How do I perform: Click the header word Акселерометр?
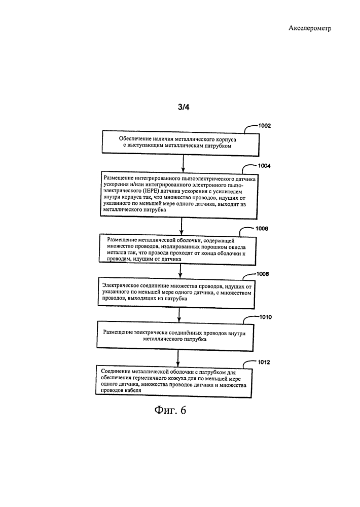[x=309, y=28]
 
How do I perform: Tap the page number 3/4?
[x=184, y=107]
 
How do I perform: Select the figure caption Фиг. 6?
[x=170, y=410]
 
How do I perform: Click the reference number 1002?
[x=264, y=126]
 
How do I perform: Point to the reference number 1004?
[x=264, y=166]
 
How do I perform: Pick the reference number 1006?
[x=262, y=229]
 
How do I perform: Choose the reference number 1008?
[x=263, y=274]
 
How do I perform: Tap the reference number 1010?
[x=265, y=317]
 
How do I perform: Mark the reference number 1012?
[x=264, y=362]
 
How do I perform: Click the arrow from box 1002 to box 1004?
[x=183, y=163]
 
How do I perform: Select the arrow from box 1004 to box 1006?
[x=182, y=226]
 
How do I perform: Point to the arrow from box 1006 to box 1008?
[x=180, y=271]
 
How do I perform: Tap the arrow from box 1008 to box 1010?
[x=179, y=315]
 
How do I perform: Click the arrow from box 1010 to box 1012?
[x=177, y=358]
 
